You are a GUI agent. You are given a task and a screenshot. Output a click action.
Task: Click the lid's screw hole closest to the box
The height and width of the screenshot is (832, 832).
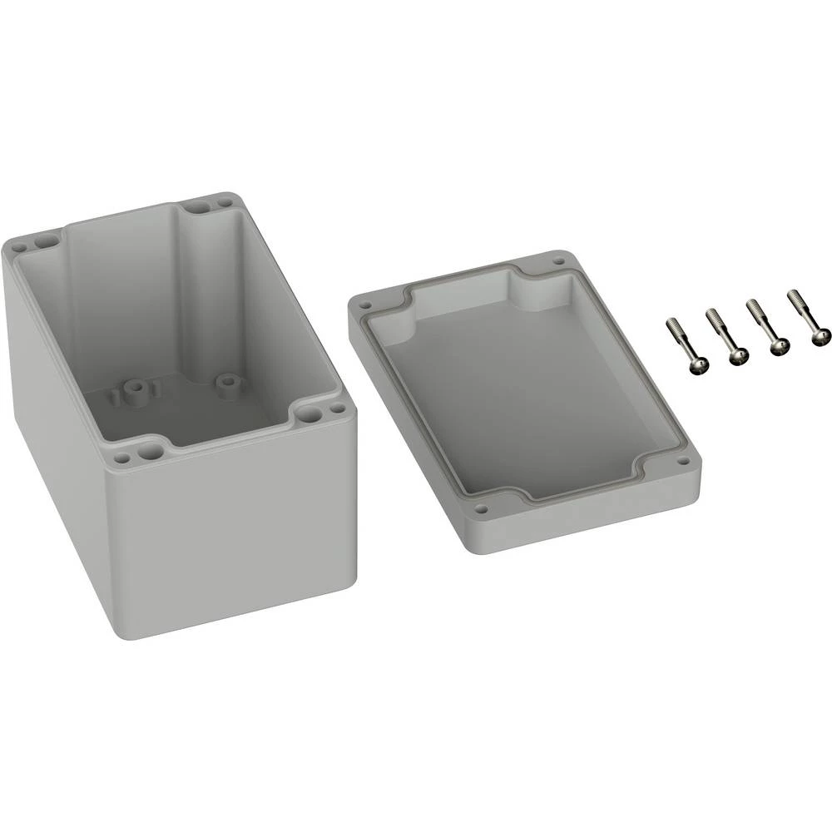364,305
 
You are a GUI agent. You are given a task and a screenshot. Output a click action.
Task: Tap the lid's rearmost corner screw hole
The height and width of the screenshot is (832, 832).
558,261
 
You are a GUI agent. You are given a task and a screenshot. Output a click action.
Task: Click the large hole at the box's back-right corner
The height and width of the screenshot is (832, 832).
196,206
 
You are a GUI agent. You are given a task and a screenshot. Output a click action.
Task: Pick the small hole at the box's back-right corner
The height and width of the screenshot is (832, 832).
224,201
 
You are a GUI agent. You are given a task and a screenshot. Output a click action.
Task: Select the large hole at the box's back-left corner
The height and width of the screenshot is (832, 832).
45,240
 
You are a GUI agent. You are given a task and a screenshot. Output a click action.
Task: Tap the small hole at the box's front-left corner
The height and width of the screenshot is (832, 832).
122,458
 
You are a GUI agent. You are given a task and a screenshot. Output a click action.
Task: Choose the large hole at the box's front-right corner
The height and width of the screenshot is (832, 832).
310,413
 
